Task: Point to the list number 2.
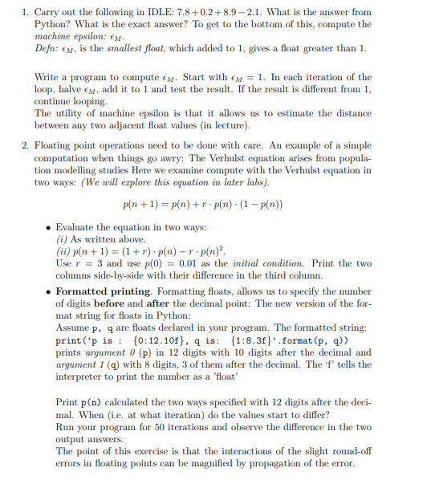coord(26,145)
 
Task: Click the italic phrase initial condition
coord(257,263)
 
